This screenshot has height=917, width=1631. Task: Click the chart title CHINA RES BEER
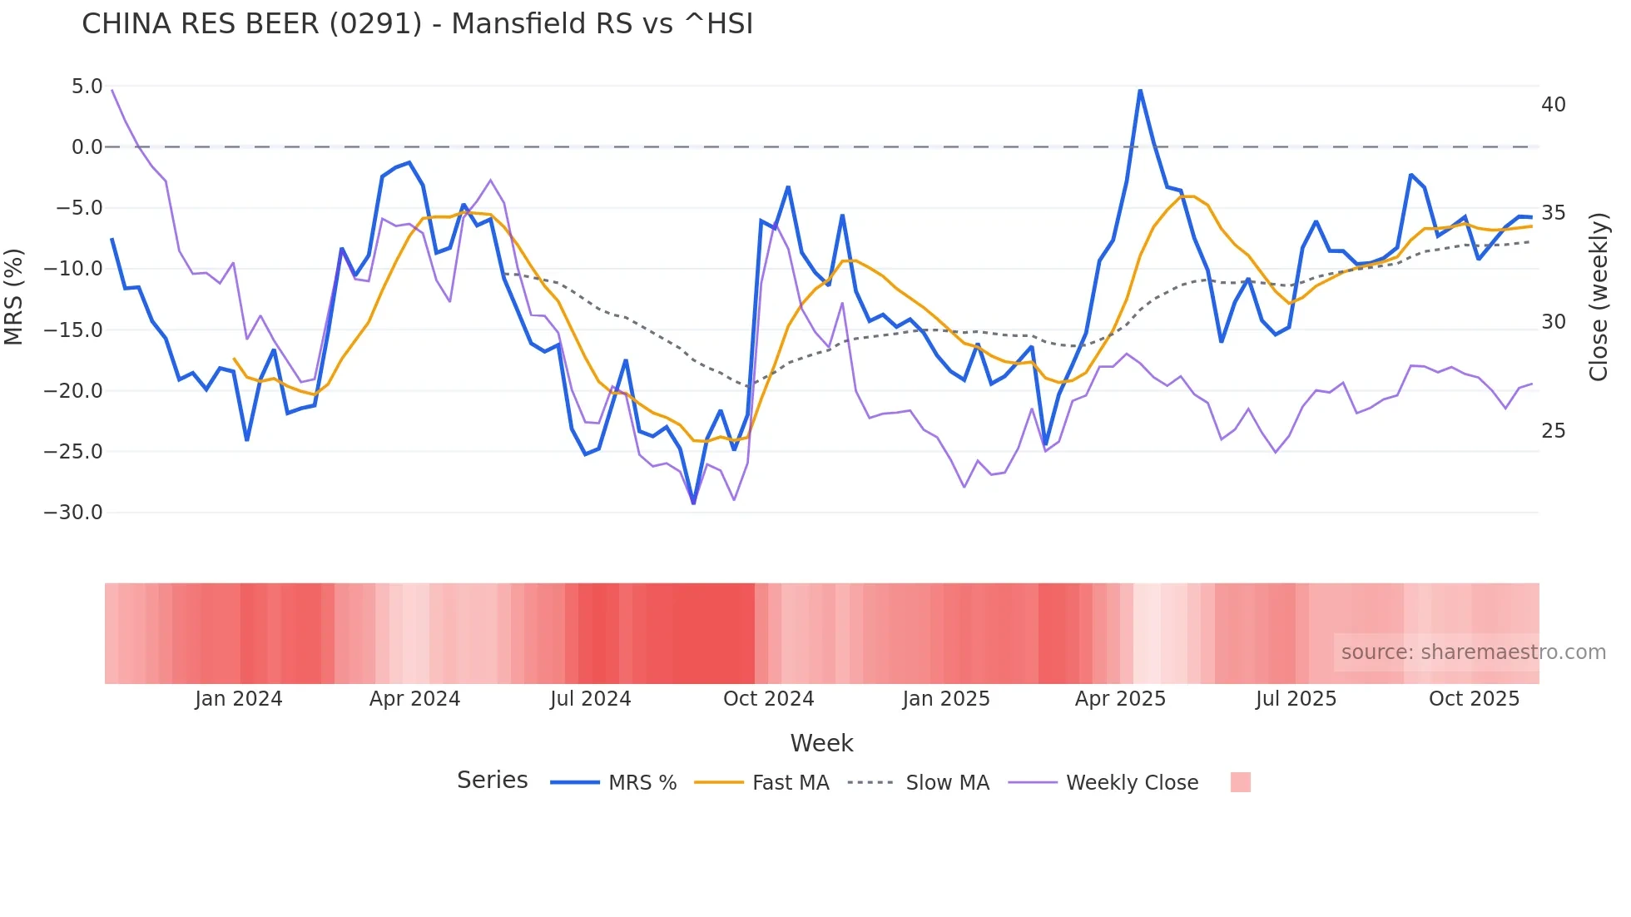click(416, 24)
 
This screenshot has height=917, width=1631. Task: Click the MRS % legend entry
click(642, 783)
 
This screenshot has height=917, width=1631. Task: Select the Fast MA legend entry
click(790, 783)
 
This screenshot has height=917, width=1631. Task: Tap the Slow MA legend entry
click(947, 783)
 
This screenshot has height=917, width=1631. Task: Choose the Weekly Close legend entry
click(1132, 783)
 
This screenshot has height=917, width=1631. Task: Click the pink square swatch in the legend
click(1240, 782)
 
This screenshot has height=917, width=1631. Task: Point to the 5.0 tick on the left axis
click(87, 87)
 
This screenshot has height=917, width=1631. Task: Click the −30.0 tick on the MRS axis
click(73, 513)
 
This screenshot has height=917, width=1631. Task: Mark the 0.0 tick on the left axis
click(87, 147)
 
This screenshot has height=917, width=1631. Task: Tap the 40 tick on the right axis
click(1554, 105)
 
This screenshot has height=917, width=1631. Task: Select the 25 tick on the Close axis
click(1554, 431)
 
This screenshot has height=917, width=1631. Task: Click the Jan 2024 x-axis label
click(239, 699)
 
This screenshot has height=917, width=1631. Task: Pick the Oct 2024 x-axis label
click(768, 699)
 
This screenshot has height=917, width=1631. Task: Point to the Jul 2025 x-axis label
click(1296, 699)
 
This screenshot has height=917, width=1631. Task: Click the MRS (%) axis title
click(14, 297)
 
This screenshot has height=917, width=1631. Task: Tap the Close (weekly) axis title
click(1598, 297)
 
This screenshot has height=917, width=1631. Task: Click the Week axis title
click(821, 743)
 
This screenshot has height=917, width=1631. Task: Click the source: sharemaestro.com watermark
click(1473, 652)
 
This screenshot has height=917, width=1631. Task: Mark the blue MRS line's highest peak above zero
click(1140, 91)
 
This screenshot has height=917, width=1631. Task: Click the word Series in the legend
click(492, 781)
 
